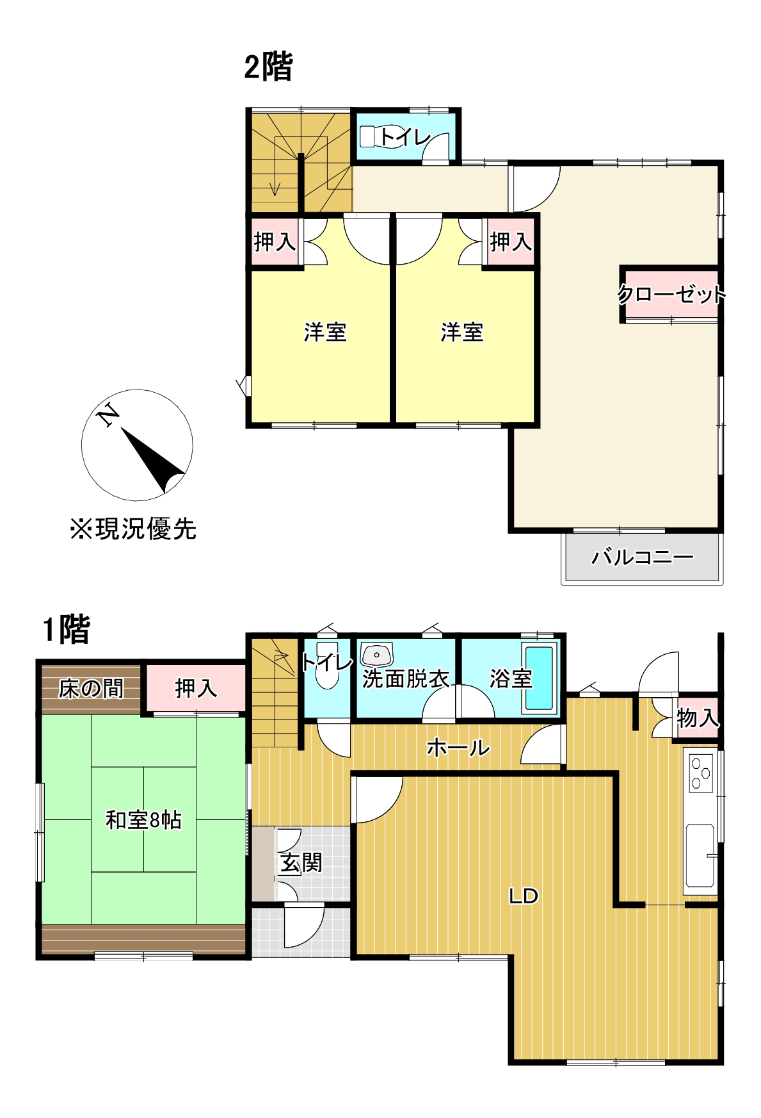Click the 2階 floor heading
(268, 67)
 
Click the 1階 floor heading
(67, 629)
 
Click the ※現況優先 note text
(133, 529)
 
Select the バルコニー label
(642, 557)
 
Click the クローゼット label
(671, 295)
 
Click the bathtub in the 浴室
(539, 678)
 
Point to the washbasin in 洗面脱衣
(376, 655)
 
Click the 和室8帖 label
(143, 820)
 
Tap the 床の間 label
(91, 689)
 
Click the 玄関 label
(301, 862)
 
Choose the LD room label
(523, 896)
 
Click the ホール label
(458, 747)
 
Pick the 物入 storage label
(697, 718)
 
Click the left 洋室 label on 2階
(325, 332)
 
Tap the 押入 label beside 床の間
(196, 689)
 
